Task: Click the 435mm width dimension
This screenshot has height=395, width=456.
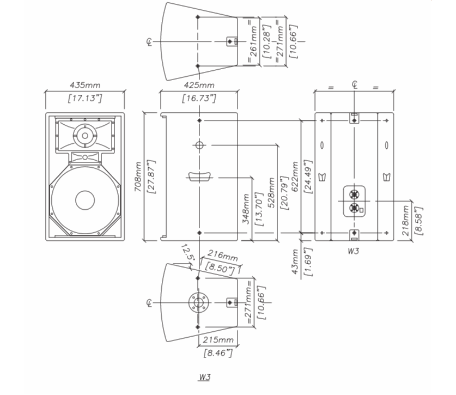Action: click(85, 86)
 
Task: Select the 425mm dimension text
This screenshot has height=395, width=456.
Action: click(199, 86)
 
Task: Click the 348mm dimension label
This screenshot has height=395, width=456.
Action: click(246, 209)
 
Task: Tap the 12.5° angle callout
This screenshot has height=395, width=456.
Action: click(187, 252)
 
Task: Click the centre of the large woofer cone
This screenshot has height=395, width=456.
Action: click(85, 200)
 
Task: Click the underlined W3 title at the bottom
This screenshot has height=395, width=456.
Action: click(204, 377)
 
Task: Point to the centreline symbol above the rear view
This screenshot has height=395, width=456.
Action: click(354, 84)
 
